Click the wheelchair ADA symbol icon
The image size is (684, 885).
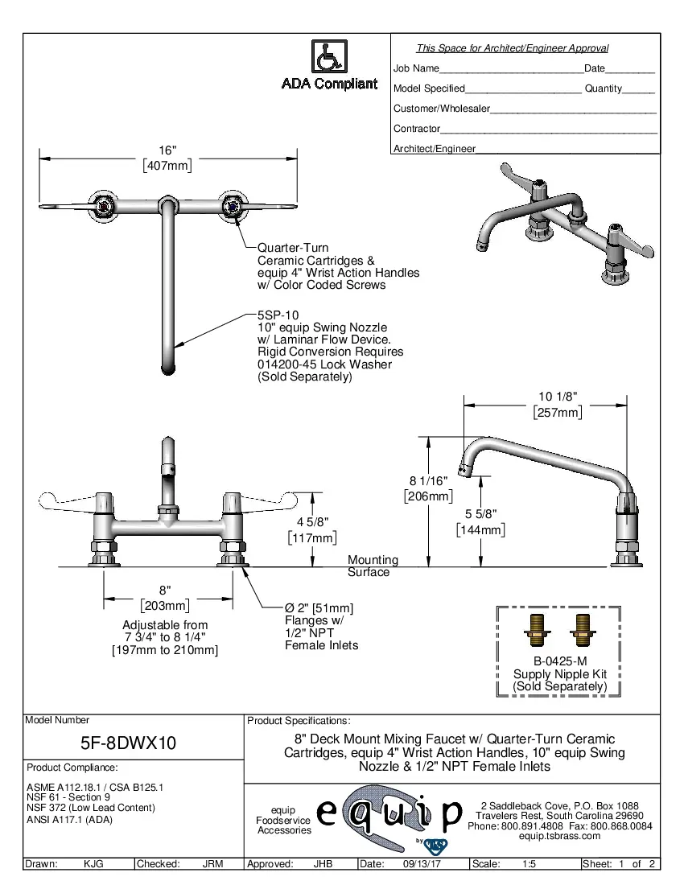328,56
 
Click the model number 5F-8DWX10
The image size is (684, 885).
128,744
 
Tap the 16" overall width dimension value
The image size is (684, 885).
167,150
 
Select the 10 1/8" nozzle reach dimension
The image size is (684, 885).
557,397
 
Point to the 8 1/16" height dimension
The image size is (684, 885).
428,480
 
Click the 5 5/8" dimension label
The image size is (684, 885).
480,514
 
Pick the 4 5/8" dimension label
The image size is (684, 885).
312,522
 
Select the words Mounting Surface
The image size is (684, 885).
372,566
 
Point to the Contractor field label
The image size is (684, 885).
416,129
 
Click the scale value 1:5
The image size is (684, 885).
529,864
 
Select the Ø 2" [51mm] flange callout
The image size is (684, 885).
319,608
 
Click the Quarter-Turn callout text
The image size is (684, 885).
292,248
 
